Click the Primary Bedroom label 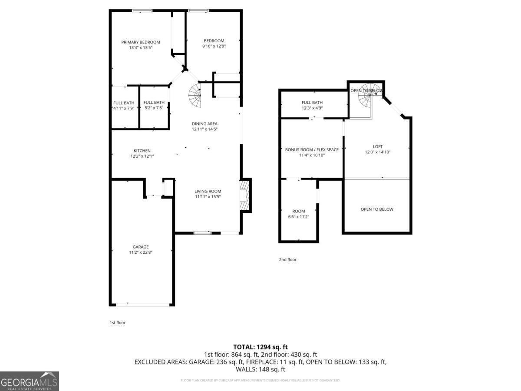(140, 42)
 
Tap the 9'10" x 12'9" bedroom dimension (214, 46)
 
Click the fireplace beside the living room (245, 195)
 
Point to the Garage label (141, 247)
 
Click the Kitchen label (142, 151)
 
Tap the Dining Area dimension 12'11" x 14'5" (204, 129)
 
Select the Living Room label (208, 191)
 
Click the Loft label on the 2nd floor (377, 146)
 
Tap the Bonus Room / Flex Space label (312, 149)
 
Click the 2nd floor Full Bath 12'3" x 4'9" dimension (312, 108)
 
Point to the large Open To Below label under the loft (377, 209)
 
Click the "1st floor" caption (117, 323)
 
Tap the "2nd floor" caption (287, 259)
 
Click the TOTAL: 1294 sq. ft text (260, 347)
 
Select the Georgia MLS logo (30, 381)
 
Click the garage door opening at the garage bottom (142, 305)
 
